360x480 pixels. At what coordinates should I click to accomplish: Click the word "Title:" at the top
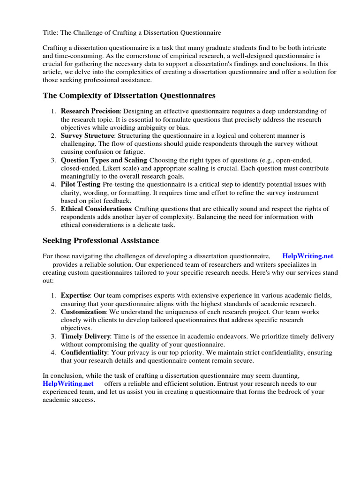(51, 32)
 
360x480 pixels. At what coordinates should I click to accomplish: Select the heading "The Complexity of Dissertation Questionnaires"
(129, 96)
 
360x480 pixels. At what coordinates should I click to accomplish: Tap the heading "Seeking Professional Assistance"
(101, 240)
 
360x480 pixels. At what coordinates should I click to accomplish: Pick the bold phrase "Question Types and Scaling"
(104, 160)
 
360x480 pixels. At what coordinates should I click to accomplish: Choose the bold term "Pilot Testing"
(81, 185)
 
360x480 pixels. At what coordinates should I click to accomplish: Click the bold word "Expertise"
(75, 296)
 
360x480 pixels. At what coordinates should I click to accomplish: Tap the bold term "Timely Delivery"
(85, 337)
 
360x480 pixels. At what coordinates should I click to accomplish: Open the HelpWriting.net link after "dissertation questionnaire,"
(307, 256)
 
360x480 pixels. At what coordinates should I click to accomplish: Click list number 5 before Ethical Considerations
(53, 209)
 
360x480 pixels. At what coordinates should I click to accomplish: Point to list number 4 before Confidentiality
(53, 352)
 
